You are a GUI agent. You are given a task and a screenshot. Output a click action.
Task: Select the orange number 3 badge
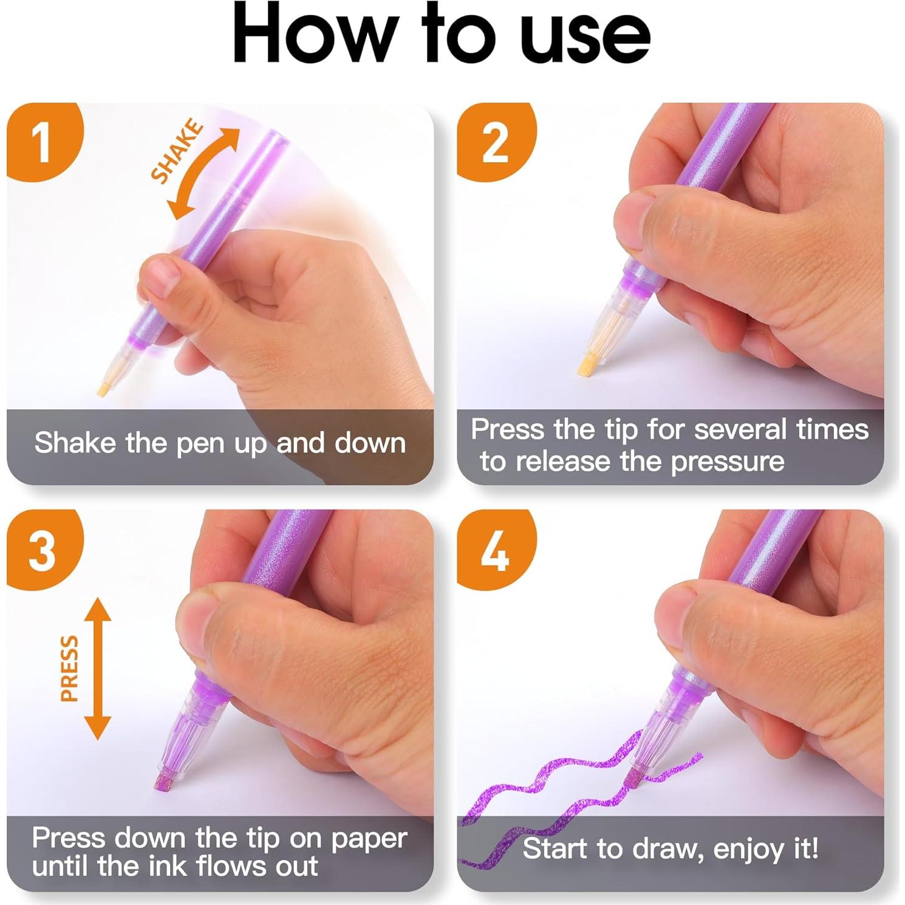(43, 550)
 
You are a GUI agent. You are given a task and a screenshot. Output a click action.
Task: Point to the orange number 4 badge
(494, 550)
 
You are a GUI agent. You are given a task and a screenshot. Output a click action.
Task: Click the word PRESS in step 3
(70, 668)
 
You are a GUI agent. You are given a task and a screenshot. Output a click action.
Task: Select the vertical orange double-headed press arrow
(98, 668)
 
